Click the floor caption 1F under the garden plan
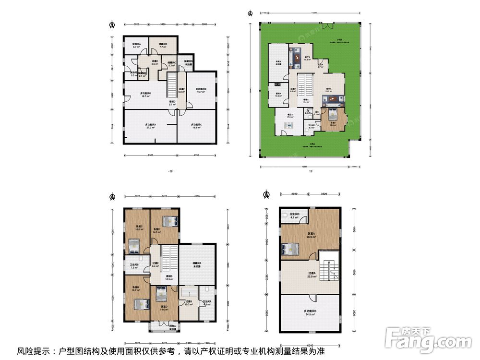pos(311,171)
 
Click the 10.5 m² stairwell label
pos(169,278)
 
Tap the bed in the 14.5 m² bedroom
pos(171,221)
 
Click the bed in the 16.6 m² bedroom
pos(134,248)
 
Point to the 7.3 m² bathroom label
pos(134,266)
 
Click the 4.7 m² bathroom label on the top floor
pos(294,216)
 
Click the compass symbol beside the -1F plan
pos(112,24)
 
